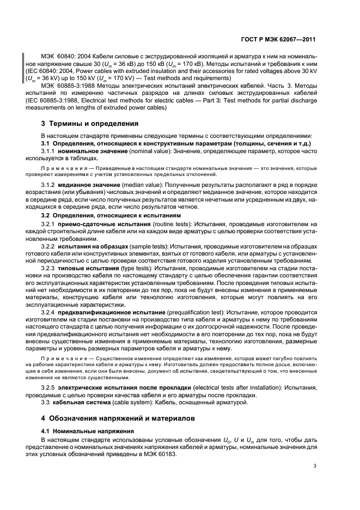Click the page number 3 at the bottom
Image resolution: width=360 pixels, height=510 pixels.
click(x=315, y=465)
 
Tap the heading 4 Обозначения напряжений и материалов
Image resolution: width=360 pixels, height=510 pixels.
click(x=112, y=419)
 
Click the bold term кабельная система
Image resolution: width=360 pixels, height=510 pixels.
click(x=76, y=403)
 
